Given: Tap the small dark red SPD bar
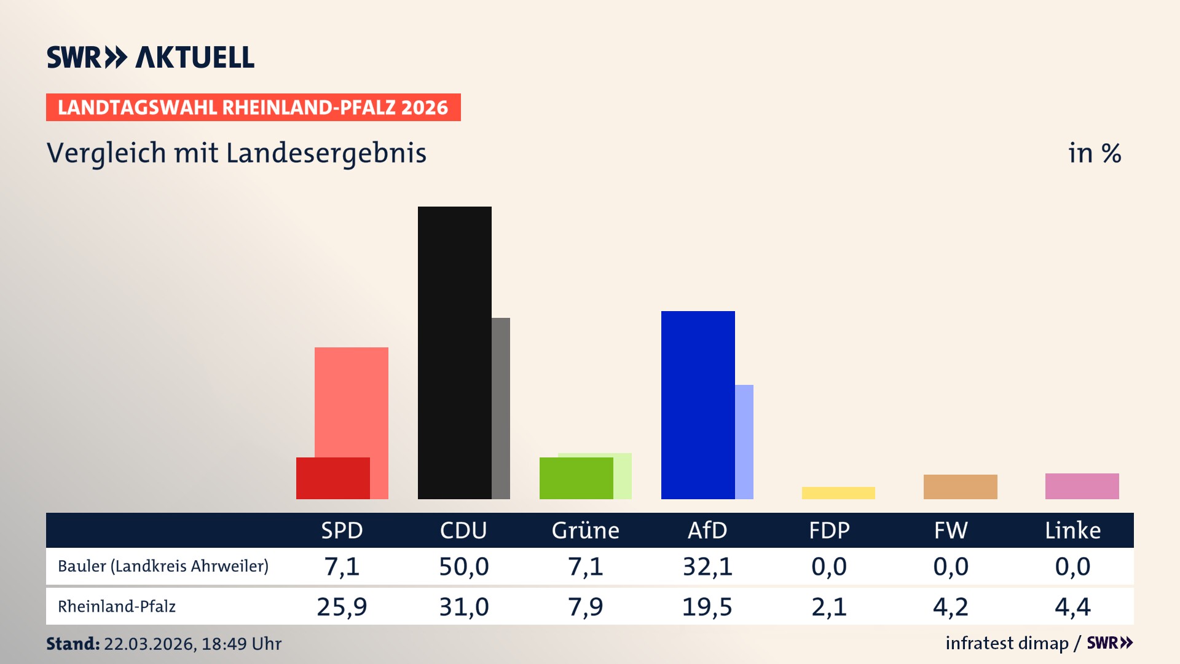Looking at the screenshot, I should pyautogui.click(x=332, y=478).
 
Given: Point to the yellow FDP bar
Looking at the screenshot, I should pyautogui.click(x=838, y=493).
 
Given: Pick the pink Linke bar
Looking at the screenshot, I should pyautogui.click(x=1082, y=486).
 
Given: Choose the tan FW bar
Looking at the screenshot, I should pyautogui.click(x=960, y=487).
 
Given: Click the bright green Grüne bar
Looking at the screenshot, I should pyautogui.click(x=576, y=478).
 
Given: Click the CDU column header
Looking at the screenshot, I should pyautogui.click(x=463, y=531).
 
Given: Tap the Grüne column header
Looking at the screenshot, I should pyautogui.click(x=585, y=531).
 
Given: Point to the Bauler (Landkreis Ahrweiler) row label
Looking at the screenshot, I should pyautogui.click(x=163, y=566).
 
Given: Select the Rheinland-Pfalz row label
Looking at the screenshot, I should pyautogui.click(x=117, y=607).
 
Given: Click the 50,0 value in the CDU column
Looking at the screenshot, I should pyautogui.click(x=463, y=566).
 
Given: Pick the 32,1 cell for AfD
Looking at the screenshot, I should pyautogui.click(x=707, y=566).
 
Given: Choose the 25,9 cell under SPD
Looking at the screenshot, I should pyautogui.click(x=342, y=607).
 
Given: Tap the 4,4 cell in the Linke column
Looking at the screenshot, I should pyautogui.click(x=1072, y=607).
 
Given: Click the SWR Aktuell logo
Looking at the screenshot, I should pyautogui.click(x=151, y=57).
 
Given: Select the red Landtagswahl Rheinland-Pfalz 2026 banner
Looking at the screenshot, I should pyautogui.click(x=253, y=108).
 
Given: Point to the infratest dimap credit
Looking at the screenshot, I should pyautogui.click(x=1007, y=643).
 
